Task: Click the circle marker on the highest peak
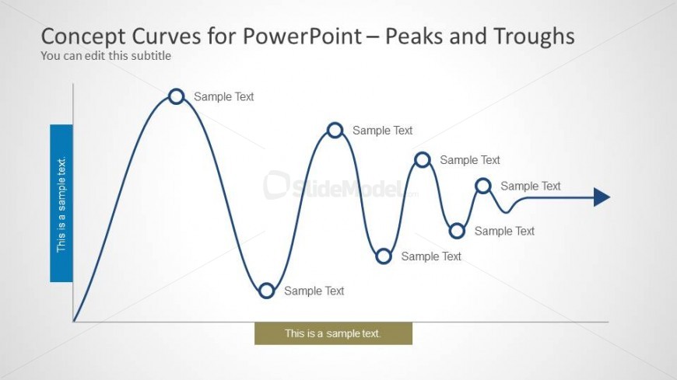point(176,89)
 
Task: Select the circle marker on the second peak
point(335,124)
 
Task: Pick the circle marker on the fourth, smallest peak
point(483,180)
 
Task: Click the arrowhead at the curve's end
point(602,197)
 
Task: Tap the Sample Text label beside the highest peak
point(223,96)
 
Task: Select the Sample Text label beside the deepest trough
point(314,291)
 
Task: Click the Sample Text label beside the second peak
point(383,131)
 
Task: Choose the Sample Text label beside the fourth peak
point(530,186)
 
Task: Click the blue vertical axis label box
point(61,203)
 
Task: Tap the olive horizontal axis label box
point(333,333)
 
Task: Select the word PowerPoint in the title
point(302,37)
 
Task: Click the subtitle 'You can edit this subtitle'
point(106,56)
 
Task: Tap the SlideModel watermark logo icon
point(276,185)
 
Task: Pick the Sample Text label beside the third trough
point(504,232)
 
